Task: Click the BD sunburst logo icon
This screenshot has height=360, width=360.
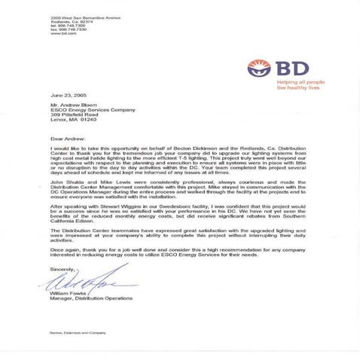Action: click(x=257, y=68)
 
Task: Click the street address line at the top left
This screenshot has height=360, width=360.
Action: click(x=76, y=17)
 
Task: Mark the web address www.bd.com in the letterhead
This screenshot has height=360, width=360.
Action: click(x=61, y=34)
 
